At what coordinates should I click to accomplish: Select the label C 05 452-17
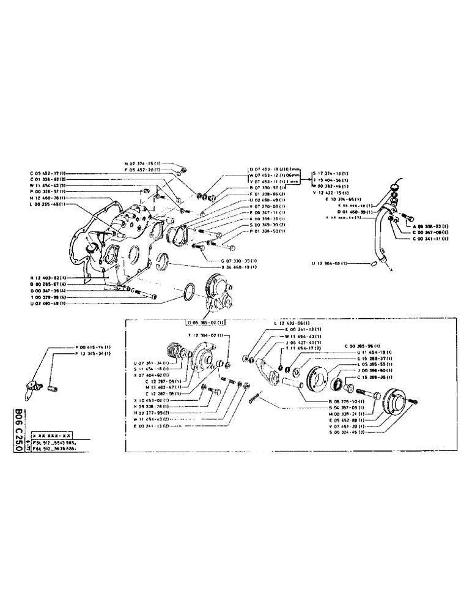(x=48, y=174)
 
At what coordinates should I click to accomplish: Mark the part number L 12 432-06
(x=291, y=323)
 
